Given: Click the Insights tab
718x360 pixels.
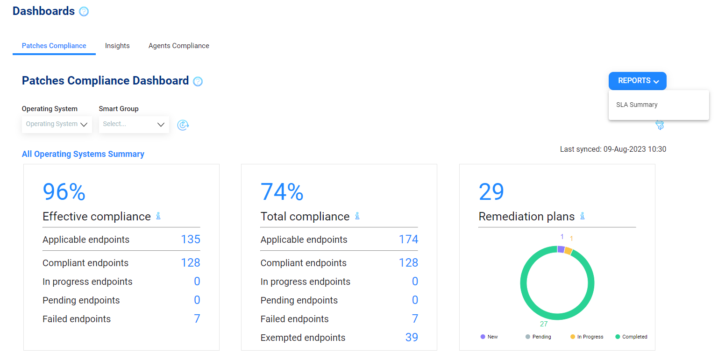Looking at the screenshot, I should (117, 46).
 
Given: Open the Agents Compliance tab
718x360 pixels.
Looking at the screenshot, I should (178, 46).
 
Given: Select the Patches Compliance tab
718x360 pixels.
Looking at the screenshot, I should (54, 46).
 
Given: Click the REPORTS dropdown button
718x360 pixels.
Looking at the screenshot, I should (637, 81).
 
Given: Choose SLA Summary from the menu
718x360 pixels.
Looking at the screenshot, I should (637, 105).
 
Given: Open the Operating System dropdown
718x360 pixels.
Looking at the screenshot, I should (57, 124).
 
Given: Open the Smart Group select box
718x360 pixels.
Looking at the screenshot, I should (134, 124).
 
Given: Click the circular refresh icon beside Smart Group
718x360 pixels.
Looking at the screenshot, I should (183, 125).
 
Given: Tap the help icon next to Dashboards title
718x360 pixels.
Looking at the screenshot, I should (84, 12).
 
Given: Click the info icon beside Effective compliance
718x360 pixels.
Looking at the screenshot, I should (158, 216).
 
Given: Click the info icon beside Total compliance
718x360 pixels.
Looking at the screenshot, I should (357, 216).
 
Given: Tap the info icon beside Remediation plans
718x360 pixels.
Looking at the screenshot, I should (583, 216).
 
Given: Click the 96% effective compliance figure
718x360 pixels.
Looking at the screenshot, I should (64, 191).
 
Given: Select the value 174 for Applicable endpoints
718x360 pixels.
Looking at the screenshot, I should (408, 240).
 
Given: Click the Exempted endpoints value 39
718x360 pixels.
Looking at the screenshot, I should (412, 338).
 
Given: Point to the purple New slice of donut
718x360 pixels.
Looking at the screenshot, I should (561, 249).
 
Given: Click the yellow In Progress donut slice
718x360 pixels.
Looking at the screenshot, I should (568, 251).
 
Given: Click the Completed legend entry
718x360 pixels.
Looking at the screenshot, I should (631, 337).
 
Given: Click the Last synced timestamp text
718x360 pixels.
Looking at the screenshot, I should (613, 149).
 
